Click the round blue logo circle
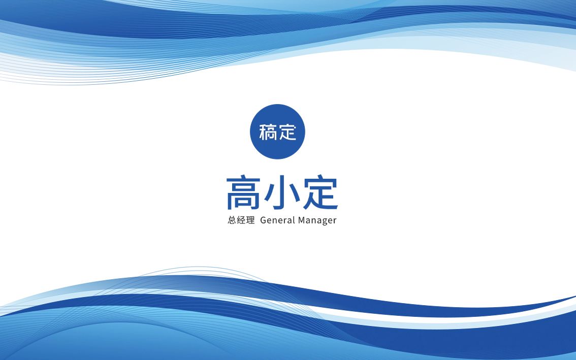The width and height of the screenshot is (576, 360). point(277,132)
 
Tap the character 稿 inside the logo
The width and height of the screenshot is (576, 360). point(268,132)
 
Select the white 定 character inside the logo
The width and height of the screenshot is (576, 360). point(287,132)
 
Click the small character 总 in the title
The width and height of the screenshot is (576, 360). point(232,220)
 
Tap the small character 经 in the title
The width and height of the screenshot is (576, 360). point(241,220)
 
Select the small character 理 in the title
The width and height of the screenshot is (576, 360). point(250,220)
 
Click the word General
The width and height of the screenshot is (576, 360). point(278,220)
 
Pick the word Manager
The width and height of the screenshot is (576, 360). point(317,221)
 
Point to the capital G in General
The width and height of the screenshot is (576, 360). point(264,220)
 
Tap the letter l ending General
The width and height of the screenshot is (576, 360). point(294,220)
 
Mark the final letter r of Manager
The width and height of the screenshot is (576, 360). point(335,221)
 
